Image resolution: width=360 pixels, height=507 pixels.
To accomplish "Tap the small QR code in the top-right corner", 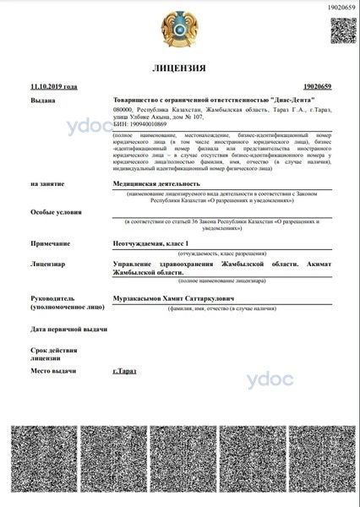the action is coord(341,31).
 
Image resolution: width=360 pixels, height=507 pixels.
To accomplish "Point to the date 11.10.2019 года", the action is coord(53,86).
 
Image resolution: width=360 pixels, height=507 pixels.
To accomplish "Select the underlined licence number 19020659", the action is coord(315,86).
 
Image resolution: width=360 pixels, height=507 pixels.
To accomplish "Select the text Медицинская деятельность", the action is coord(156,183).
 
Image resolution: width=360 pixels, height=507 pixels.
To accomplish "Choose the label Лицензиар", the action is coord(48,264).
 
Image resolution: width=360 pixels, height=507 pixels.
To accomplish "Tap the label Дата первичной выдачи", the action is coord(68,328).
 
